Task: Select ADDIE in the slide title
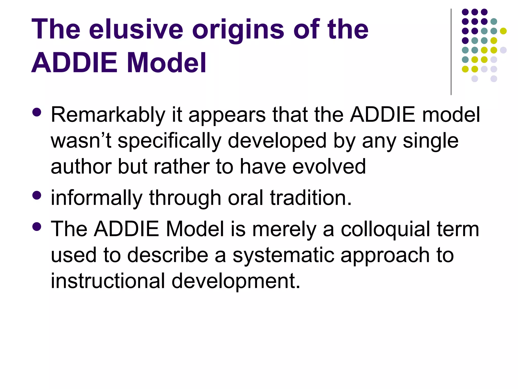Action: click(x=75, y=63)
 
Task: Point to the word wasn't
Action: click(x=81, y=141)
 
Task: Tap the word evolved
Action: click(x=329, y=167)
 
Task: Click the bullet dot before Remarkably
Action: click(x=37, y=112)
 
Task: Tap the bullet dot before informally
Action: click(x=37, y=195)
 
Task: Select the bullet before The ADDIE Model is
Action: click(x=37, y=227)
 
